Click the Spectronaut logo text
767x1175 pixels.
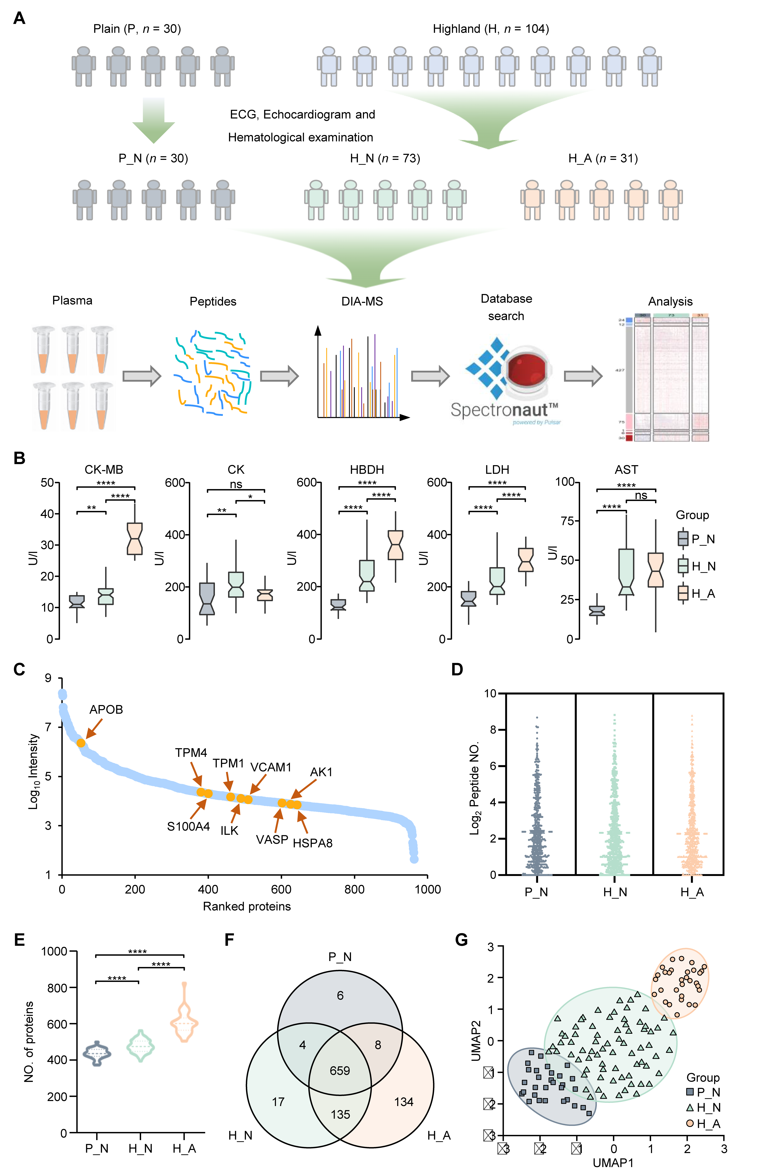point(504,410)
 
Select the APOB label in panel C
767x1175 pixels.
point(106,709)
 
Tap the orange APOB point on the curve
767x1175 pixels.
point(81,742)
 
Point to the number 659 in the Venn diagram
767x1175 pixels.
point(340,1070)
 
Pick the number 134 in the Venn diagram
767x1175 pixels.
point(403,1101)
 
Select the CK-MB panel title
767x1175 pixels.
point(104,470)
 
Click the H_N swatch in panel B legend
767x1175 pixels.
point(683,566)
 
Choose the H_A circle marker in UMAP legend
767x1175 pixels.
point(690,1124)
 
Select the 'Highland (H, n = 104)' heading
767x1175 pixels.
point(490,29)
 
